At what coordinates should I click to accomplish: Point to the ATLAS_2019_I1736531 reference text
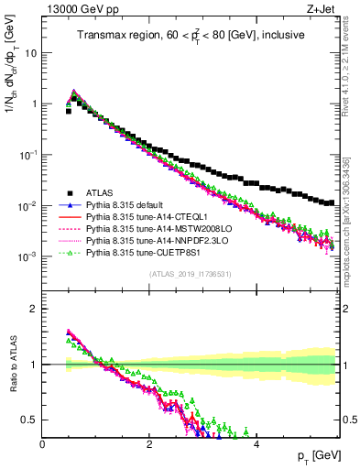(x=190, y=274)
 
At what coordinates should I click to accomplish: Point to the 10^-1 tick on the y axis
(x=29, y=156)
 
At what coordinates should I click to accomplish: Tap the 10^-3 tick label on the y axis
(x=29, y=259)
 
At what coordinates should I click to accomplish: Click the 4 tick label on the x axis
(x=256, y=444)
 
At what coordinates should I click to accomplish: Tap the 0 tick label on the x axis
(x=43, y=444)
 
